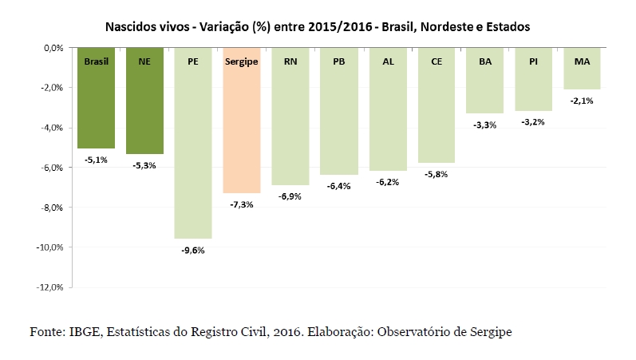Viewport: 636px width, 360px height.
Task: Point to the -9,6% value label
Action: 193,250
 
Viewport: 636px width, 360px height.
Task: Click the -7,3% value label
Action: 242,204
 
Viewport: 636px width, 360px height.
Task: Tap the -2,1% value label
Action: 582,101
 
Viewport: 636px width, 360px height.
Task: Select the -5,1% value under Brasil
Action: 96,160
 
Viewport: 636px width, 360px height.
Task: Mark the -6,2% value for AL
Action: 388,182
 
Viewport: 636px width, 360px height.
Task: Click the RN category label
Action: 290,61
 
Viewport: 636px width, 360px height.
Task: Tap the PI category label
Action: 533,61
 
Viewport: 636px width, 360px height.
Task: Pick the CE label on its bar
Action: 437,61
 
